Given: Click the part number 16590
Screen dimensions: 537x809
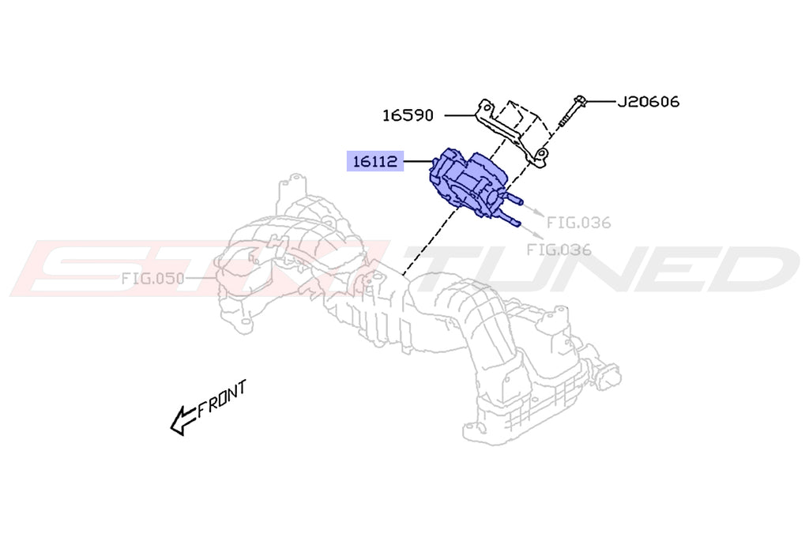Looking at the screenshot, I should [x=408, y=115].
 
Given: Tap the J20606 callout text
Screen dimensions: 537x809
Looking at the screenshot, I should [x=648, y=101].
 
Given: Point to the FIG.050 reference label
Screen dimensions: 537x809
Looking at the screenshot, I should [x=152, y=278].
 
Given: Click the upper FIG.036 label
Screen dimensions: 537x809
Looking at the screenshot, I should [x=578, y=223].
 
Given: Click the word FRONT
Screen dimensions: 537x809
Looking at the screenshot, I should [x=223, y=399].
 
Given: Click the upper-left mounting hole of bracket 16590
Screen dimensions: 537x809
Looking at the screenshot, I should [x=487, y=105].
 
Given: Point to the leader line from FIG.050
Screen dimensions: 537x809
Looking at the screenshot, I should [x=201, y=278].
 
